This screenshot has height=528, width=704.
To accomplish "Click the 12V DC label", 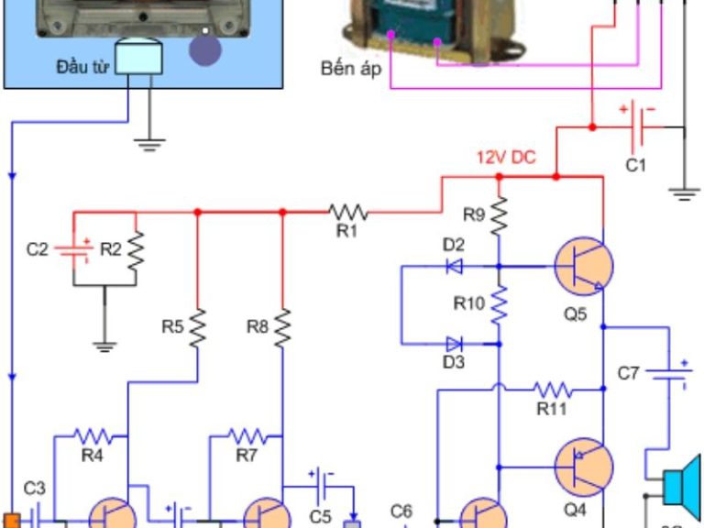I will click(505, 157).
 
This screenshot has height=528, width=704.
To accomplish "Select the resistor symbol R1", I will click(348, 212).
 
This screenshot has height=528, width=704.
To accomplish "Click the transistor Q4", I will click(583, 466).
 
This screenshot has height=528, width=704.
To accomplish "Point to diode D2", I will click(453, 267).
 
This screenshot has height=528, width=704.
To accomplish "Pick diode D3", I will click(453, 345).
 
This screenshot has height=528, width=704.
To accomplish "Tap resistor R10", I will click(499, 305).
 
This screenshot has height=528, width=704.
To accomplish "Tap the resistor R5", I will click(197, 327).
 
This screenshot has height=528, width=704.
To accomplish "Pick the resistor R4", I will click(92, 435).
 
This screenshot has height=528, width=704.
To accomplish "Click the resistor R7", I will click(246, 435).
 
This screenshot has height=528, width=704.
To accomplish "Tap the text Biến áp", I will click(350, 69).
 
